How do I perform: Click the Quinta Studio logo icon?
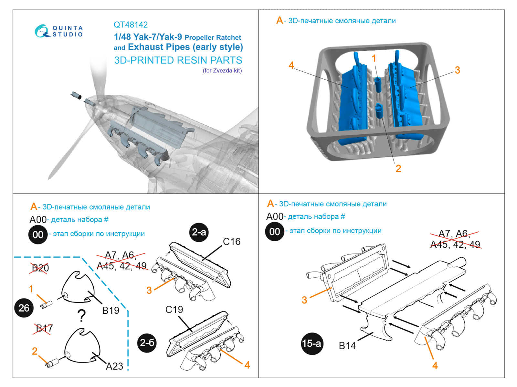click(42, 31)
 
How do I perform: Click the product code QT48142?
click(131, 25)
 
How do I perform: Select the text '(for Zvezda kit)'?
click(222, 71)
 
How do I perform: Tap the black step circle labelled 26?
click(24, 308)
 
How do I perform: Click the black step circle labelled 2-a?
click(199, 232)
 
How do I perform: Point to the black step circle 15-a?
click(311, 343)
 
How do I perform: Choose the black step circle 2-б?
click(147, 342)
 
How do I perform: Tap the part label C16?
click(232, 242)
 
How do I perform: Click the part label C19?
click(174, 310)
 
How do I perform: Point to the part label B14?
click(347, 346)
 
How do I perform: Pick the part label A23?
click(114, 366)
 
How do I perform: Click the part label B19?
click(111, 311)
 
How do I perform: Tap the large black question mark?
click(82, 316)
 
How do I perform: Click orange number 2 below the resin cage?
click(398, 168)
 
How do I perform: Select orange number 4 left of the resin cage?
click(291, 65)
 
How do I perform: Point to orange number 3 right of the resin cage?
click(457, 70)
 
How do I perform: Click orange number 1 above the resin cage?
click(374, 58)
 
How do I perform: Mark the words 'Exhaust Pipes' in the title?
click(159, 47)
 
